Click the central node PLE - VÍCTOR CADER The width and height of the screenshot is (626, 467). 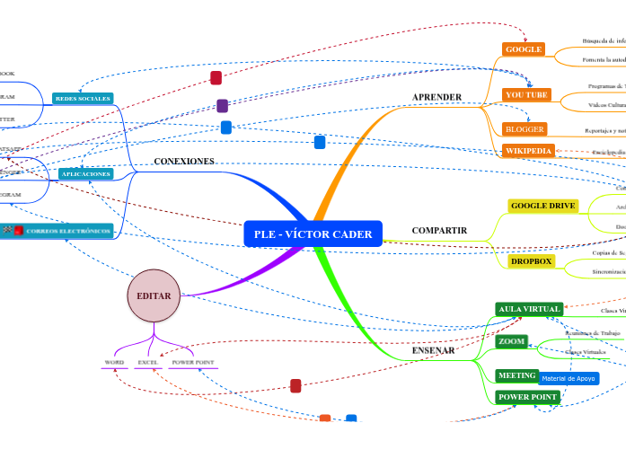tap(313, 234)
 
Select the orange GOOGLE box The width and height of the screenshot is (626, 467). tap(523, 49)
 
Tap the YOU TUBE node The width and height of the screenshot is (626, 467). tap(526, 94)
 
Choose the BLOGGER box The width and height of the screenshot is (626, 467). tap(525, 129)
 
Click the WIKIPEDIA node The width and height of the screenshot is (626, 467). tap(528, 151)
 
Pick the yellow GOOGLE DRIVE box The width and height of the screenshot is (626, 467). tap(542, 206)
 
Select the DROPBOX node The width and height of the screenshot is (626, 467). tap(531, 261)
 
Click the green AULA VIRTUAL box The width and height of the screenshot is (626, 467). tap(529, 309)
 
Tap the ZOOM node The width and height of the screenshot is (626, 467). tap(511, 342)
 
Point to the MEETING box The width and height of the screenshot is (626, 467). tap(516, 375)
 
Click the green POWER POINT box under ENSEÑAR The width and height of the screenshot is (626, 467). tap(527, 397)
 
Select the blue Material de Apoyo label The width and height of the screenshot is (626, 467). tap(569, 379)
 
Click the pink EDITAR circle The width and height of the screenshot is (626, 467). tap(154, 295)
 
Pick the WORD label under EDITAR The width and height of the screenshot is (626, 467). tap(114, 363)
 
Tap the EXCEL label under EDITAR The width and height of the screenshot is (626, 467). tap(147, 363)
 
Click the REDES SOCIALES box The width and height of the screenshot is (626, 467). tap(83, 98)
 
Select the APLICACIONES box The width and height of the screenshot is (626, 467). tap(85, 173)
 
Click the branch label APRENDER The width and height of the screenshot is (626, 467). tap(436, 97)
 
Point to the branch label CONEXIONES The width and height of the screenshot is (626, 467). tap(184, 162)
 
